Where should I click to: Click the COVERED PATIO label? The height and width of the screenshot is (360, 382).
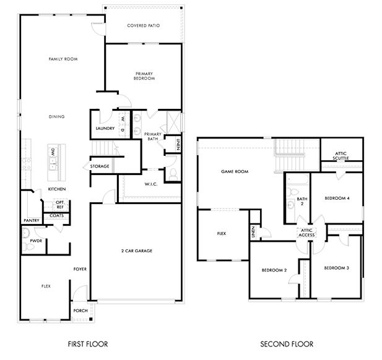pyautogui.click(x=144, y=25)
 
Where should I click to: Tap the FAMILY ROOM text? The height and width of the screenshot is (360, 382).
pyautogui.click(x=63, y=59)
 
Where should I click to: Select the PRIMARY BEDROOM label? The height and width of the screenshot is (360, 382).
pyautogui.click(x=144, y=76)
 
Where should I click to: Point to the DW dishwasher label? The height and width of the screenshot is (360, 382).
pyautogui.click(x=53, y=152)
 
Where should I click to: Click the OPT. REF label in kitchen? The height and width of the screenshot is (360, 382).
pyautogui.click(x=59, y=205)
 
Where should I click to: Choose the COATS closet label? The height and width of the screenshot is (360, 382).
pyautogui.click(x=56, y=216)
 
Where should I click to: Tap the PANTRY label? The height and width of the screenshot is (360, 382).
pyautogui.click(x=32, y=221)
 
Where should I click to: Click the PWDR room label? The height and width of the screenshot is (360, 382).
pyautogui.click(x=36, y=241)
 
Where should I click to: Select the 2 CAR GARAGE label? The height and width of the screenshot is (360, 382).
pyautogui.click(x=137, y=251)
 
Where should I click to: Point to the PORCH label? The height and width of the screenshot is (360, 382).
pyautogui.click(x=80, y=311)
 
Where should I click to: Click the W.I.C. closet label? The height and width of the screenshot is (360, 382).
pyautogui.click(x=151, y=184)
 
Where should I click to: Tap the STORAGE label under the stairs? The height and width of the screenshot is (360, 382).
pyautogui.click(x=100, y=166)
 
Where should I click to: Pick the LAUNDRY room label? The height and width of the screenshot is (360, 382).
pyautogui.click(x=105, y=128)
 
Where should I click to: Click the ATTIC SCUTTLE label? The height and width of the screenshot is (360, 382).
pyautogui.click(x=341, y=156)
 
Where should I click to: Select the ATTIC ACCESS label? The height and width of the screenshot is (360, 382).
pyautogui.click(x=306, y=233)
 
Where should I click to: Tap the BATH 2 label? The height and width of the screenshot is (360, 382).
pyautogui.click(x=302, y=201)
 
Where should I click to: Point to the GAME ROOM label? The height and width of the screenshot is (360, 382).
pyautogui.click(x=235, y=171)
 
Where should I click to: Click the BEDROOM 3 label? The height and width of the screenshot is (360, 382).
pyautogui.click(x=336, y=268)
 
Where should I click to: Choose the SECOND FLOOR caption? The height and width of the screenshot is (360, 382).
pyautogui.click(x=287, y=344)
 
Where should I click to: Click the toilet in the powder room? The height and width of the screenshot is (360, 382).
pyautogui.click(x=27, y=247)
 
